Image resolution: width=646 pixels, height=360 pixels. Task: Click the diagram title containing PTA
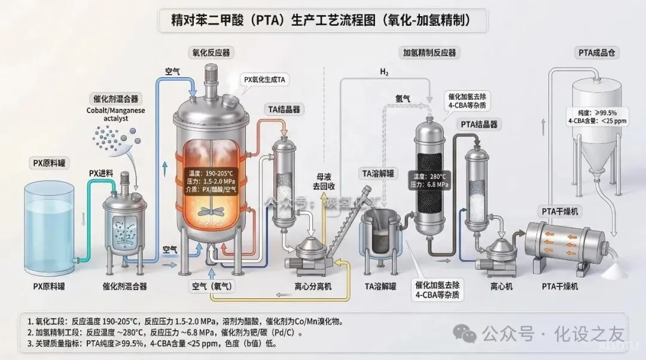(322, 20)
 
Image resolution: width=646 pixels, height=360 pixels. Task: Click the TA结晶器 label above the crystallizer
(283, 109)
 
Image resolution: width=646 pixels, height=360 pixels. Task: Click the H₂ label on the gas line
(384, 73)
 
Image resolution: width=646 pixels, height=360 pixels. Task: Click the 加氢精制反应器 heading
(429, 53)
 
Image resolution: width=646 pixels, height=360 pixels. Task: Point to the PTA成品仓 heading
(598, 53)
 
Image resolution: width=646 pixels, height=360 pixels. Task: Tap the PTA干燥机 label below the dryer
(560, 286)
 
